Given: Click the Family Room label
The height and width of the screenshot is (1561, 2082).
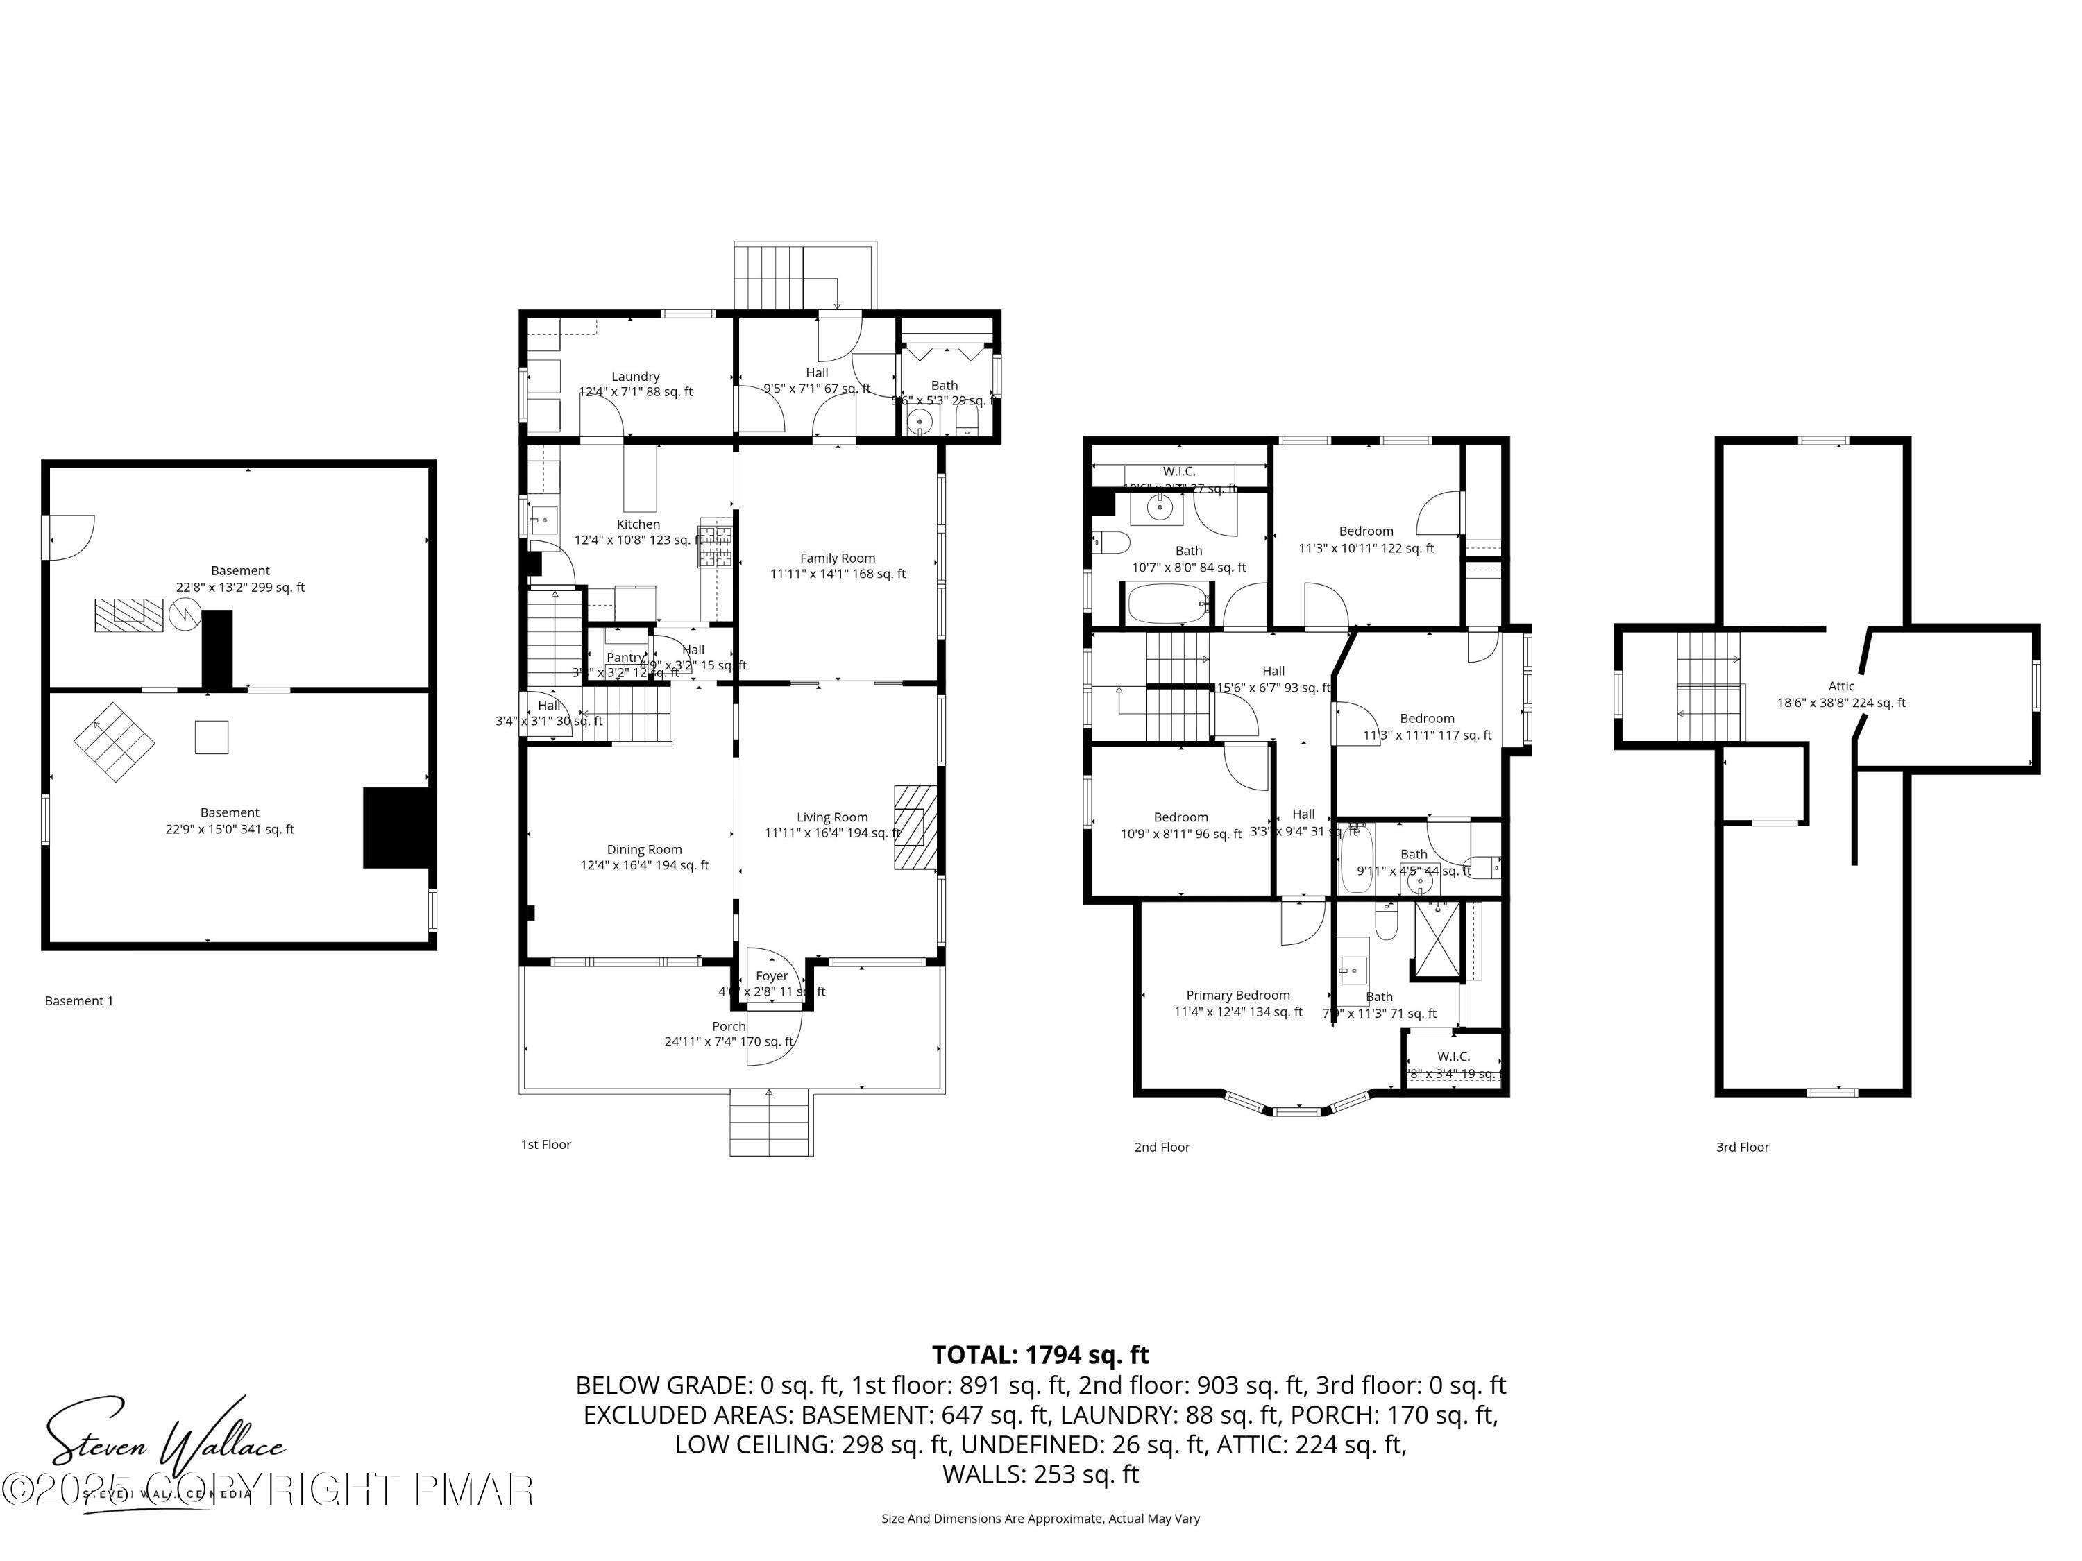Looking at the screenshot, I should click(x=837, y=558).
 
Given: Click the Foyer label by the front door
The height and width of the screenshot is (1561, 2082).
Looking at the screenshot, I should click(x=771, y=975).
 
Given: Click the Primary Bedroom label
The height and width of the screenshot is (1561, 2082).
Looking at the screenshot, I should click(x=1237, y=995).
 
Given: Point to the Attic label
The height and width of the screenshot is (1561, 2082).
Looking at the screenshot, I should click(x=1841, y=686).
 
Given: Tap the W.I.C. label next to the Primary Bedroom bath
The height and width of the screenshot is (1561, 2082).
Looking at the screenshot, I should click(x=1453, y=1057).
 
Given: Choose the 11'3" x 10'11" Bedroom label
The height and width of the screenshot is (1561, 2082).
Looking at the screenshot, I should click(x=1366, y=531).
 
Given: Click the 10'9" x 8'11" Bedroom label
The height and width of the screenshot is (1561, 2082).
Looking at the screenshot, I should click(x=1180, y=817).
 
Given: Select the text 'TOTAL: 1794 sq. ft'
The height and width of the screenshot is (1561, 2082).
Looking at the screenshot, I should click(x=1040, y=1355).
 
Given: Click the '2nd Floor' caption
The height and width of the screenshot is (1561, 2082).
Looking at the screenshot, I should click(x=1162, y=1147).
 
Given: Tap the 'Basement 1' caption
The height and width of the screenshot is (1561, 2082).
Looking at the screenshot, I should click(x=79, y=1000).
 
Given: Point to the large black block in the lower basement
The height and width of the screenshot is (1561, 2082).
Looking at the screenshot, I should click(x=396, y=827).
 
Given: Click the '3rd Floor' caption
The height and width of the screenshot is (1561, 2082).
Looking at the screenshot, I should click(x=1741, y=1147).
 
